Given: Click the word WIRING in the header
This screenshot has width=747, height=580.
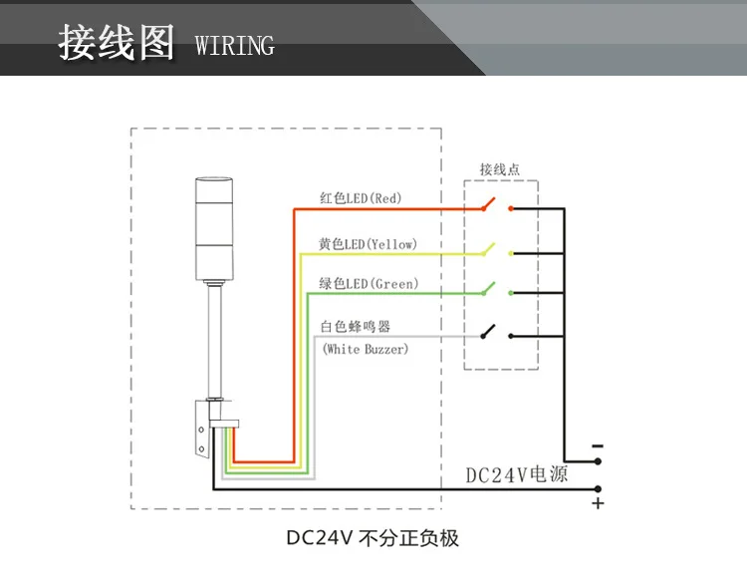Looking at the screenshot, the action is (x=234, y=46).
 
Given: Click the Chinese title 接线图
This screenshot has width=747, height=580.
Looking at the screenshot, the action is (x=117, y=43).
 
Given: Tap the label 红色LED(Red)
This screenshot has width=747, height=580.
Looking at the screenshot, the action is (x=361, y=197).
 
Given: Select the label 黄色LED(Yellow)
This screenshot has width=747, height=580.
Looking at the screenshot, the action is (x=368, y=244).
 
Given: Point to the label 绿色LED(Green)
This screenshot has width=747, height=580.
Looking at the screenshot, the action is (x=369, y=284).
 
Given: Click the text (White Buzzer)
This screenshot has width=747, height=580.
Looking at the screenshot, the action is (x=366, y=349).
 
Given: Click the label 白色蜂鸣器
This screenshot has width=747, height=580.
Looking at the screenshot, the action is (x=356, y=327).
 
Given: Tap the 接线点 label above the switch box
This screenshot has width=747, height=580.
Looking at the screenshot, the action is (x=499, y=169).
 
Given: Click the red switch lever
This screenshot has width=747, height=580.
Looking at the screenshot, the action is (x=489, y=203).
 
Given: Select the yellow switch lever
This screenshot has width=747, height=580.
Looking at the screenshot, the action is (x=489, y=249).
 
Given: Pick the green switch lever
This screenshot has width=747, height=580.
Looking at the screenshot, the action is (x=489, y=288).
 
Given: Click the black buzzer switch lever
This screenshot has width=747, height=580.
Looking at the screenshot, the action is (x=488, y=331).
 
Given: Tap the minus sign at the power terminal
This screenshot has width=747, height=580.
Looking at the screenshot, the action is (x=598, y=446).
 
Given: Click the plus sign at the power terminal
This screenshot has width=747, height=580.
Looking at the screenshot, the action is (x=598, y=503).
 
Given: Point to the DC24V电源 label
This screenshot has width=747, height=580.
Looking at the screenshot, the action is (x=516, y=474).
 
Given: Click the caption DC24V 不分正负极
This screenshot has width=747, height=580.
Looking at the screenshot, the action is (x=373, y=538).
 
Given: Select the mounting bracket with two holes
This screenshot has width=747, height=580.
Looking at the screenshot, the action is (x=202, y=429).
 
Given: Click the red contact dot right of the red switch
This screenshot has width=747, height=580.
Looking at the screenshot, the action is (x=511, y=208).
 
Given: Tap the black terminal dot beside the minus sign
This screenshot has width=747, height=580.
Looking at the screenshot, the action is (x=598, y=461).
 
